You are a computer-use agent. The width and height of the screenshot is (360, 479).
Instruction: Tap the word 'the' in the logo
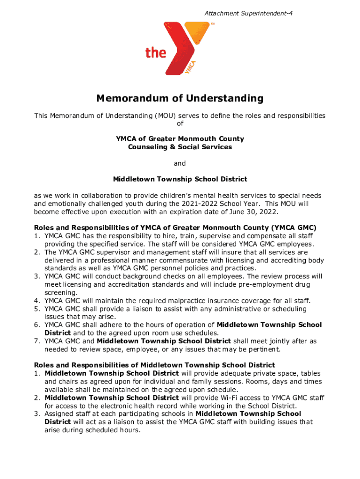(x=156, y=52)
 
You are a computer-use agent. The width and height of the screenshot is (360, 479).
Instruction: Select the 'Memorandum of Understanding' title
(x=180, y=99)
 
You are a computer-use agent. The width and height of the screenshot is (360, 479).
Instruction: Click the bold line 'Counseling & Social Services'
(x=180, y=147)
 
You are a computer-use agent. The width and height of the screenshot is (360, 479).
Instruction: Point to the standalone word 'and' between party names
(x=180, y=163)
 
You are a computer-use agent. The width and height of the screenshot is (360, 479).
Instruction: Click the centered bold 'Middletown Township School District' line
(x=180, y=179)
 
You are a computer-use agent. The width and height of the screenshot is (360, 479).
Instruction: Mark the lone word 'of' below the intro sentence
(x=180, y=123)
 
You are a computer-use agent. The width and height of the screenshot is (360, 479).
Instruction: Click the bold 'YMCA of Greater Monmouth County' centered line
(x=180, y=139)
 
